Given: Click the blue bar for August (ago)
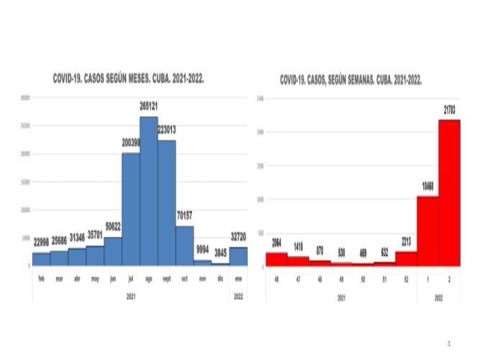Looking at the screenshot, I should click(x=149, y=191).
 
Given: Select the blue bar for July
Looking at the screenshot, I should click(x=131, y=209).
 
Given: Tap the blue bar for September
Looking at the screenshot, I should click(x=167, y=202).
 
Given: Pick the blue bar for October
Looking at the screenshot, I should click(x=185, y=246).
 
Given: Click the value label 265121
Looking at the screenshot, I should click(x=149, y=106).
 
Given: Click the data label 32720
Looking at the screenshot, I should click(x=238, y=236).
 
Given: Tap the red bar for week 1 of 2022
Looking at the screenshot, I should click(x=427, y=230).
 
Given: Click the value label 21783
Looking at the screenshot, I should click(x=449, y=109).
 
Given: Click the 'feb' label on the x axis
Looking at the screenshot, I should click(x=41, y=277).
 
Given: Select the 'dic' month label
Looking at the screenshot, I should click(x=220, y=277).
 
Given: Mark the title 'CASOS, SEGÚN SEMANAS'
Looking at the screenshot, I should click(x=351, y=79).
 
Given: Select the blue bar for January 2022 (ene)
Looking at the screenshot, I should click(x=238, y=256).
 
